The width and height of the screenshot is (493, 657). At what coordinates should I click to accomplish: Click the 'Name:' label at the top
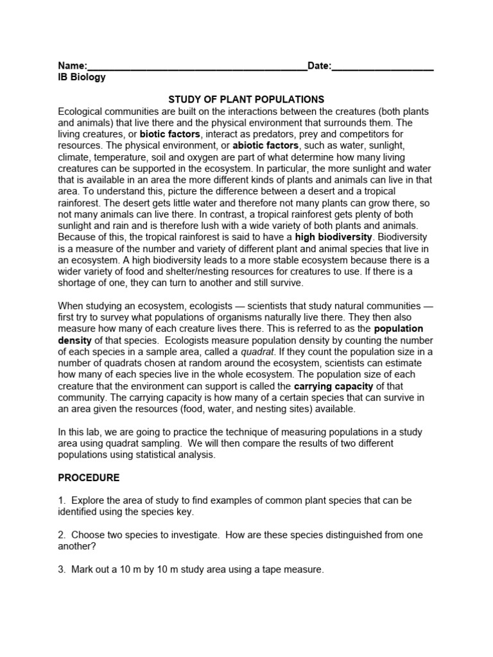tap(72, 66)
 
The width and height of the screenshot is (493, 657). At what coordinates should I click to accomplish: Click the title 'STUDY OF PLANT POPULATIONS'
tap(246, 99)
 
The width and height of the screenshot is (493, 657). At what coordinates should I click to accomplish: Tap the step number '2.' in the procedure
tap(62, 534)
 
